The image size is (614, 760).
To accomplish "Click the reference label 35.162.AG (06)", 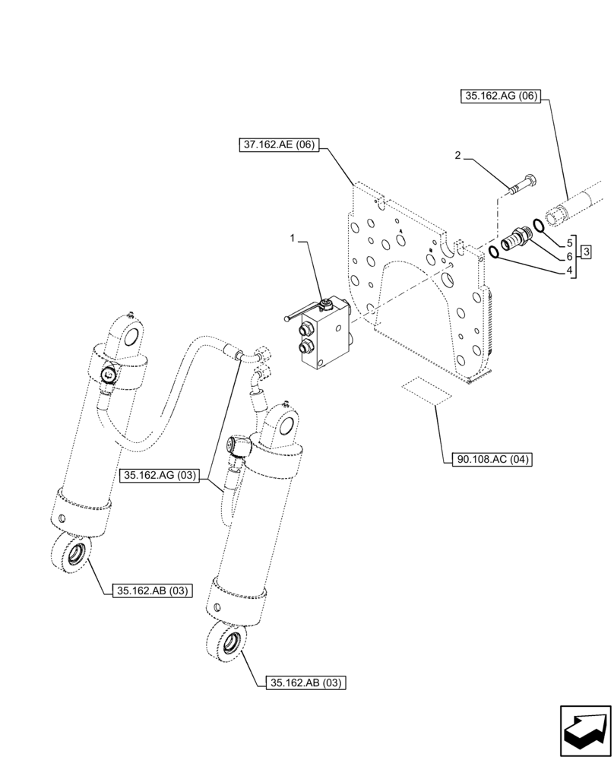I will pyautogui.click(x=498, y=96).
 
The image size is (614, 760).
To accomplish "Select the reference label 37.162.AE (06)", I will pyautogui.click(x=280, y=145).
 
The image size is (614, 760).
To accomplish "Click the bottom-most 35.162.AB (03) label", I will pyautogui.click(x=306, y=682).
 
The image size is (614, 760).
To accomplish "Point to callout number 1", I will pyautogui.click(x=293, y=239).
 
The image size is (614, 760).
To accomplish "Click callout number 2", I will pyautogui.click(x=457, y=156).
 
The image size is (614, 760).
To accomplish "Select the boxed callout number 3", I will pyautogui.click(x=587, y=252).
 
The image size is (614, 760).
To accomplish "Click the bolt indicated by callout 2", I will pyautogui.click(x=523, y=185).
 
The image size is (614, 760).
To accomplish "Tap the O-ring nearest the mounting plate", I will pyautogui.click(x=495, y=252).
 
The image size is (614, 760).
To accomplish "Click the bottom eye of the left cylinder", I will pyautogui.click(x=71, y=553).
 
